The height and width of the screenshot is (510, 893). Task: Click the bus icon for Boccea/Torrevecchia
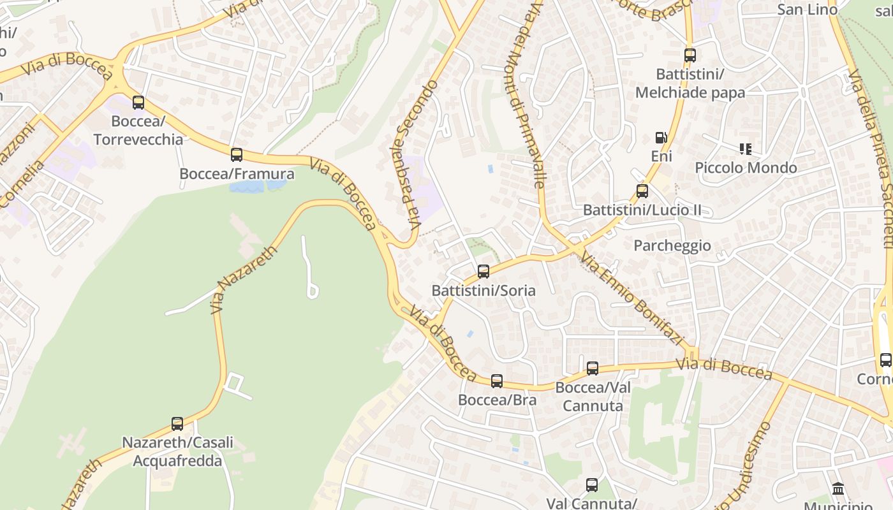pos(138,102)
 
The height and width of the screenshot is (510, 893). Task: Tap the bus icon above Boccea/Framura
pos(237,154)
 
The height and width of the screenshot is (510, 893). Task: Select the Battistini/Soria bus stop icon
pos(483,272)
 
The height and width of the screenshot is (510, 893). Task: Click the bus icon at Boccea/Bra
pos(497,381)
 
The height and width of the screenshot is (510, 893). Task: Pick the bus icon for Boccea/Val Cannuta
pos(593,368)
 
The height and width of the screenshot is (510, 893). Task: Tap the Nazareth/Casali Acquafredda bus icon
pos(177,423)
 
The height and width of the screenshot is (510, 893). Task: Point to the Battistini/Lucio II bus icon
pos(642,191)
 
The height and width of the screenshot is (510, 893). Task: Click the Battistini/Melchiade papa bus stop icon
pos(690,55)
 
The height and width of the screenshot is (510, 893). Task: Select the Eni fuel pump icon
pos(661,138)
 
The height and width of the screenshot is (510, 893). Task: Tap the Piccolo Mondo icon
pos(745,149)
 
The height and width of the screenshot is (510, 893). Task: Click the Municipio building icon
pos(839,489)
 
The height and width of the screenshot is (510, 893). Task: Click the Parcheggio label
pos(672,245)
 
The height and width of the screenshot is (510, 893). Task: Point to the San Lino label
pos(807,9)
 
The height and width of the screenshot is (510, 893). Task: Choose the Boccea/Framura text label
pos(237,173)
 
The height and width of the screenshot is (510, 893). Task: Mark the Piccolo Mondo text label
pos(746,168)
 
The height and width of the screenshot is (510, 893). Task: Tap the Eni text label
pos(661,156)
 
